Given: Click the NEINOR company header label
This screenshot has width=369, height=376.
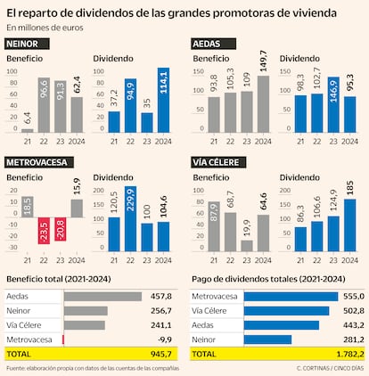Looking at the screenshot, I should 27,43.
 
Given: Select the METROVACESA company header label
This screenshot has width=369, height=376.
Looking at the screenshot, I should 40,164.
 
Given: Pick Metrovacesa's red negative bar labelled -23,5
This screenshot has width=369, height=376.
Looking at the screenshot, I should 44,231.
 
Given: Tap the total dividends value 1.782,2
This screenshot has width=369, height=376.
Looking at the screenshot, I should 346,354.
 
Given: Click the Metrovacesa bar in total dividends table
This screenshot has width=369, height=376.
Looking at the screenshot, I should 290,296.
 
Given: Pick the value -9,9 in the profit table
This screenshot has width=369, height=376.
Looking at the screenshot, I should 162,339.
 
